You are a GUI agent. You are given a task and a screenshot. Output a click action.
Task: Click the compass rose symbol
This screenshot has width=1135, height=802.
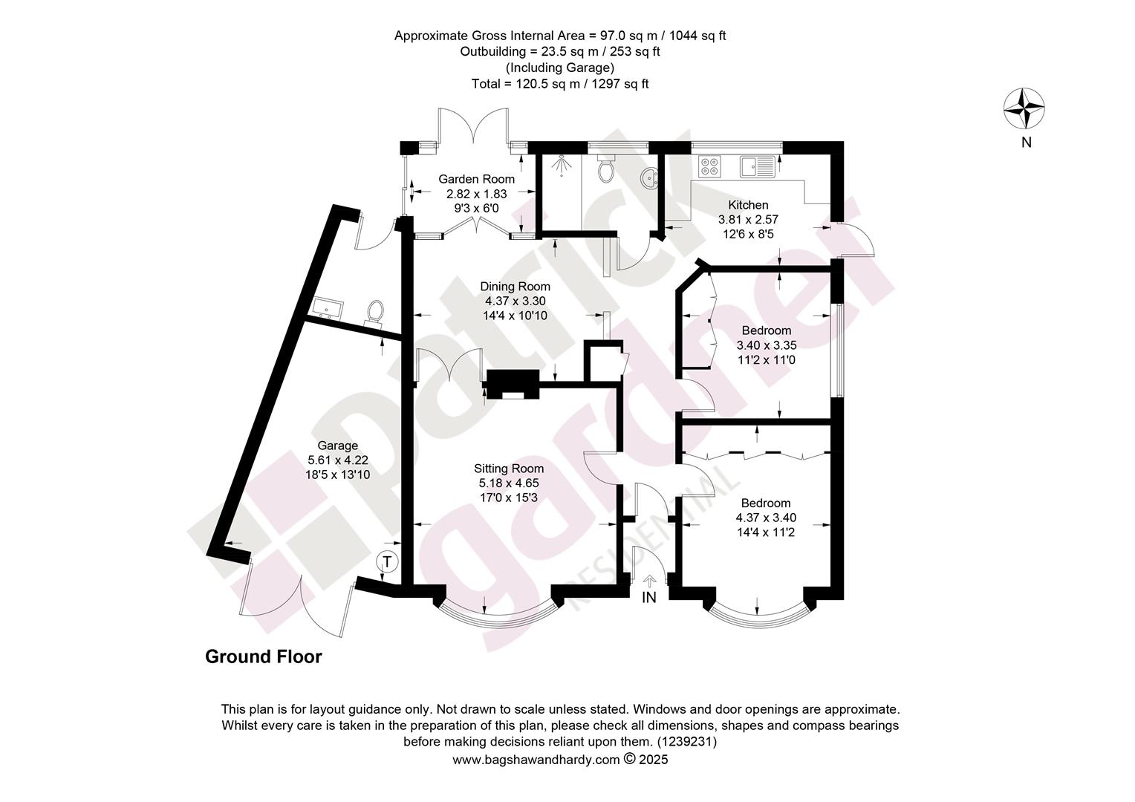[1024, 108]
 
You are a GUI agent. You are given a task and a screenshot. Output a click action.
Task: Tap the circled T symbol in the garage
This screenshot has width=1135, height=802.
[387, 561]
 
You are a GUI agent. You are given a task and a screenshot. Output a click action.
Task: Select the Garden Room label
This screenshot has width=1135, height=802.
[476, 179]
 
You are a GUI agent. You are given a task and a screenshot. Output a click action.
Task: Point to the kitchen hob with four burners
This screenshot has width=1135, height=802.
[709, 166]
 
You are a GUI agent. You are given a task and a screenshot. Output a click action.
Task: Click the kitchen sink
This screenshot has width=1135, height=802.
[757, 166]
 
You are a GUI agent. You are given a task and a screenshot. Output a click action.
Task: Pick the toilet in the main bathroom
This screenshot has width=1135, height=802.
[605, 169]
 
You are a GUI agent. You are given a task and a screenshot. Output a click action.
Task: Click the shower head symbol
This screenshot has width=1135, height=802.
[562, 165]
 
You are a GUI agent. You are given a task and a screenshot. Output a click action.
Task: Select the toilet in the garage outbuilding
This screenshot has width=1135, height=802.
[375, 313]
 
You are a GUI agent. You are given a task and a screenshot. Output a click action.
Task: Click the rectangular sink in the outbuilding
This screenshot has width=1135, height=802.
[328, 308]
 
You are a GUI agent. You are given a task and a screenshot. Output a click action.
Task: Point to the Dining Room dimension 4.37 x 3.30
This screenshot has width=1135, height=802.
[516, 301]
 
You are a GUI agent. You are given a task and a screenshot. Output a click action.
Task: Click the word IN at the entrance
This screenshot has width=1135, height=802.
[649, 598]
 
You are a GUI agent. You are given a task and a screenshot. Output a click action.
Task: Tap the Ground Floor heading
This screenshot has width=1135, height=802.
[264, 656]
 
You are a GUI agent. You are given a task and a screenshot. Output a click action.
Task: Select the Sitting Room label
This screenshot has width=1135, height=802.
[509, 469]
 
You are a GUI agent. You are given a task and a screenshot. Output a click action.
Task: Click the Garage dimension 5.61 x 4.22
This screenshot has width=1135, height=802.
[337, 460]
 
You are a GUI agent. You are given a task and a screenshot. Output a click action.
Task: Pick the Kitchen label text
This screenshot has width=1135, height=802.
[748, 205]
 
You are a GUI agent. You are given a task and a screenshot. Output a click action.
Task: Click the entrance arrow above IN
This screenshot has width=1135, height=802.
[649, 581]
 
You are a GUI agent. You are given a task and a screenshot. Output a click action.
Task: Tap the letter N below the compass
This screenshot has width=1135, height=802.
[1026, 143]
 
